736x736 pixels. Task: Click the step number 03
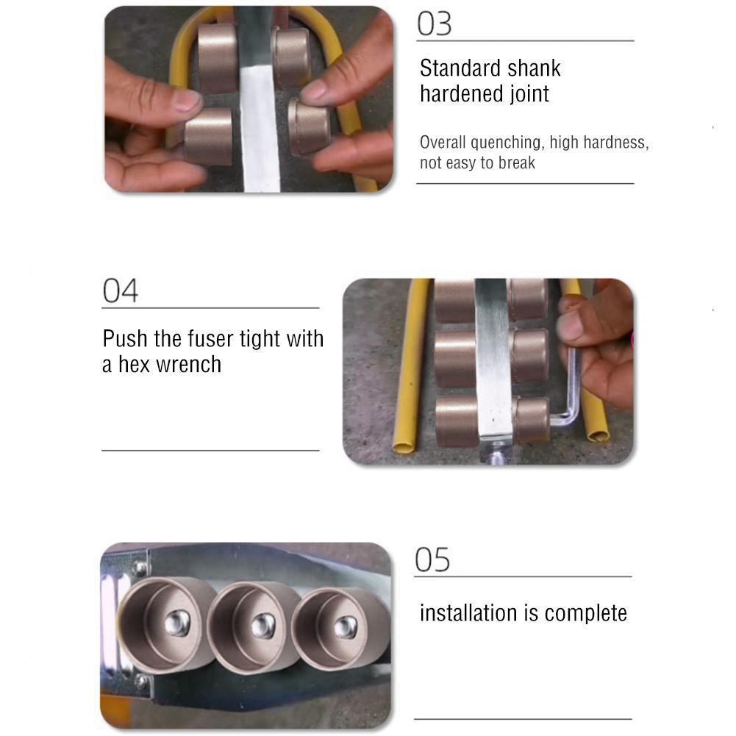coord(434,24)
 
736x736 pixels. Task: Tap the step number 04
coord(120,291)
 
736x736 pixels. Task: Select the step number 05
coord(432,560)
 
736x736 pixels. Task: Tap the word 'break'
coord(517,163)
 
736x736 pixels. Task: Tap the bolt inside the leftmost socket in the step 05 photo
coord(176,624)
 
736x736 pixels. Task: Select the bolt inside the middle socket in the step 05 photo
coord(262,626)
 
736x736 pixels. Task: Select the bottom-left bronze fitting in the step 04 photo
coord(455,421)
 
